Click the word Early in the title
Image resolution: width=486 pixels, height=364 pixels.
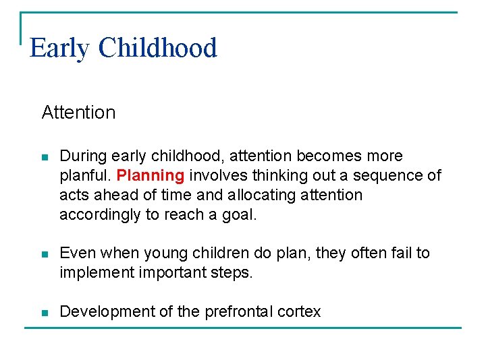point(59,49)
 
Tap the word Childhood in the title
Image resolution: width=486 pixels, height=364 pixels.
point(157,49)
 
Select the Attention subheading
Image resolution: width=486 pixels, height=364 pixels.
point(78,112)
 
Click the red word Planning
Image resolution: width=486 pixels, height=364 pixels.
point(151,176)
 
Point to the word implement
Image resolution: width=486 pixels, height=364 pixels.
point(94,273)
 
